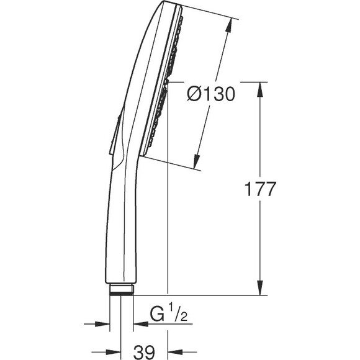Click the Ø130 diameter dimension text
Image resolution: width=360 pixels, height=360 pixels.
211,94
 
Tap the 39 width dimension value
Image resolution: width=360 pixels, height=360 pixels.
145,352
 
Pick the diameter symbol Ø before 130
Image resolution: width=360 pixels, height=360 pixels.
194,94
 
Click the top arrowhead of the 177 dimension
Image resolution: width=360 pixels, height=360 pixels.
259,86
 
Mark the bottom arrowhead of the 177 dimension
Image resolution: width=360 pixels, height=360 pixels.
259,290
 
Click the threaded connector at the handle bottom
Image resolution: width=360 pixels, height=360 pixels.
122,289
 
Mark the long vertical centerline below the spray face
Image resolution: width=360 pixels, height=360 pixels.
168,217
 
